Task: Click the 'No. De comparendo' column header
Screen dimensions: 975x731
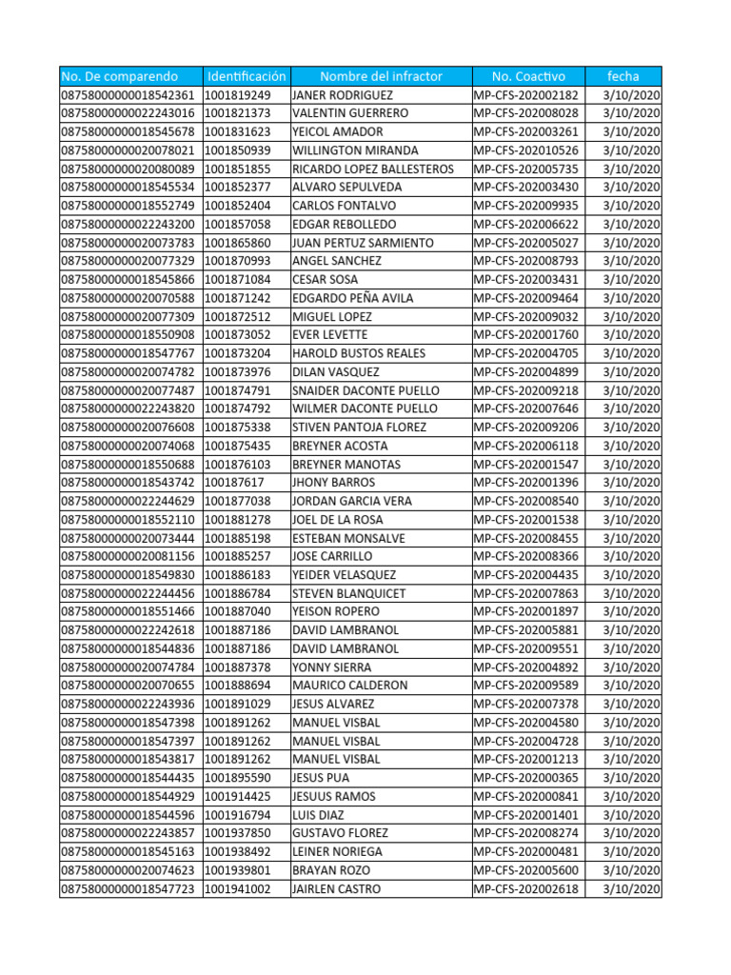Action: (x=120, y=76)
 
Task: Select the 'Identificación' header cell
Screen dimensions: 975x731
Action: (x=246, y=76)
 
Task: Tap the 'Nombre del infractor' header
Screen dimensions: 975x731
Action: (x=381, y=76)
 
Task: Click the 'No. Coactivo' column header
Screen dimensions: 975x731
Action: (x=528, y=76)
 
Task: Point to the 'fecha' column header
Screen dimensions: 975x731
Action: (x=623, y=76)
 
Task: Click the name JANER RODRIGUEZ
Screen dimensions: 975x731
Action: (x=335, y=95)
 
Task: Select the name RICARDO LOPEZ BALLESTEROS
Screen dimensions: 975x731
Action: (x=372, y=169)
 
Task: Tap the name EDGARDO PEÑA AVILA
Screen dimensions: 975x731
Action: (x=352, y=298)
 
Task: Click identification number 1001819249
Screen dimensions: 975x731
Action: (x=237, y=95)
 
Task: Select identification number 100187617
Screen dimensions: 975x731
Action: (x=234, y=483)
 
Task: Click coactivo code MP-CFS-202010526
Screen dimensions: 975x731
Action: (x=525, y=150)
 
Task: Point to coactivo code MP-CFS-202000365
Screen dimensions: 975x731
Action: (x=525, y=778)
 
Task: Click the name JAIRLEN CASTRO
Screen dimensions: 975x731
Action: (x=336, y=888)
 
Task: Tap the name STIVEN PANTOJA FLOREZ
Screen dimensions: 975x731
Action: (x=359, y=428)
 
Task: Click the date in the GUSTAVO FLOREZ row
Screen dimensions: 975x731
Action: (x=632, y=833)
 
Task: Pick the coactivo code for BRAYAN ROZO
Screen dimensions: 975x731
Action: (x=525, y=870)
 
